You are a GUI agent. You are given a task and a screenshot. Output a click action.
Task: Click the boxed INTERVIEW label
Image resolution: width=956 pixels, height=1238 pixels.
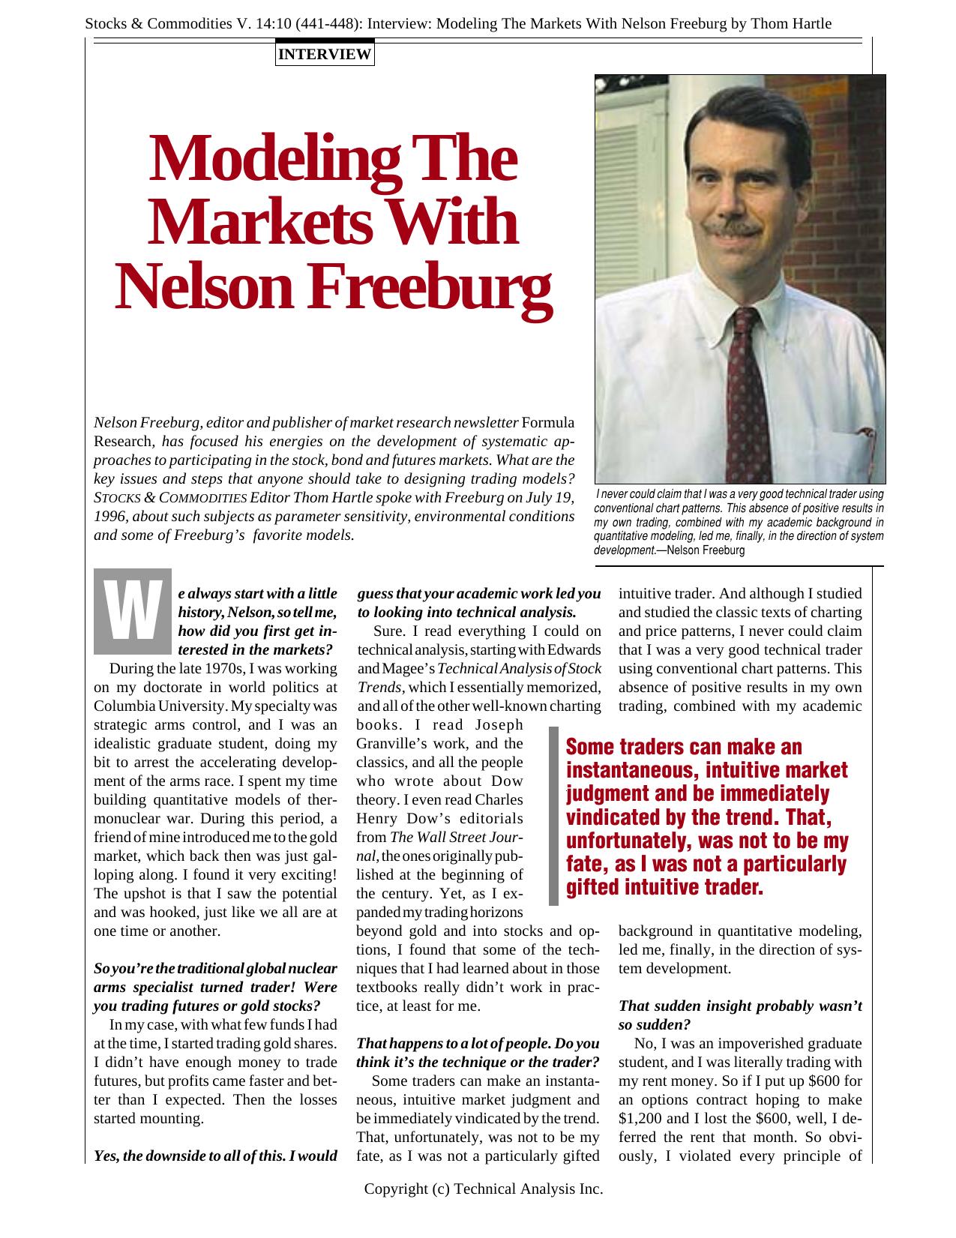325,54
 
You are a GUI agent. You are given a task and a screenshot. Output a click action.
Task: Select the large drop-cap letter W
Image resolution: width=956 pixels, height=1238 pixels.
133,611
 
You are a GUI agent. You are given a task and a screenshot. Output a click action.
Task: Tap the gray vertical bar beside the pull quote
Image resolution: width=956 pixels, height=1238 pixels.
553,817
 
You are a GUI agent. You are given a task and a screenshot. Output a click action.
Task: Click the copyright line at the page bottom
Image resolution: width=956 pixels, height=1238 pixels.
483,1189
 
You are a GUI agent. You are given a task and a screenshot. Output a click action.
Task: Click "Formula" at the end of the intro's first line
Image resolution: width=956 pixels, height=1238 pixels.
548,423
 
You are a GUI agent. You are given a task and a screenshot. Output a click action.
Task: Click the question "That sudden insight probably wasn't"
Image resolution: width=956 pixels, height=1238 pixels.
740,1006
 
